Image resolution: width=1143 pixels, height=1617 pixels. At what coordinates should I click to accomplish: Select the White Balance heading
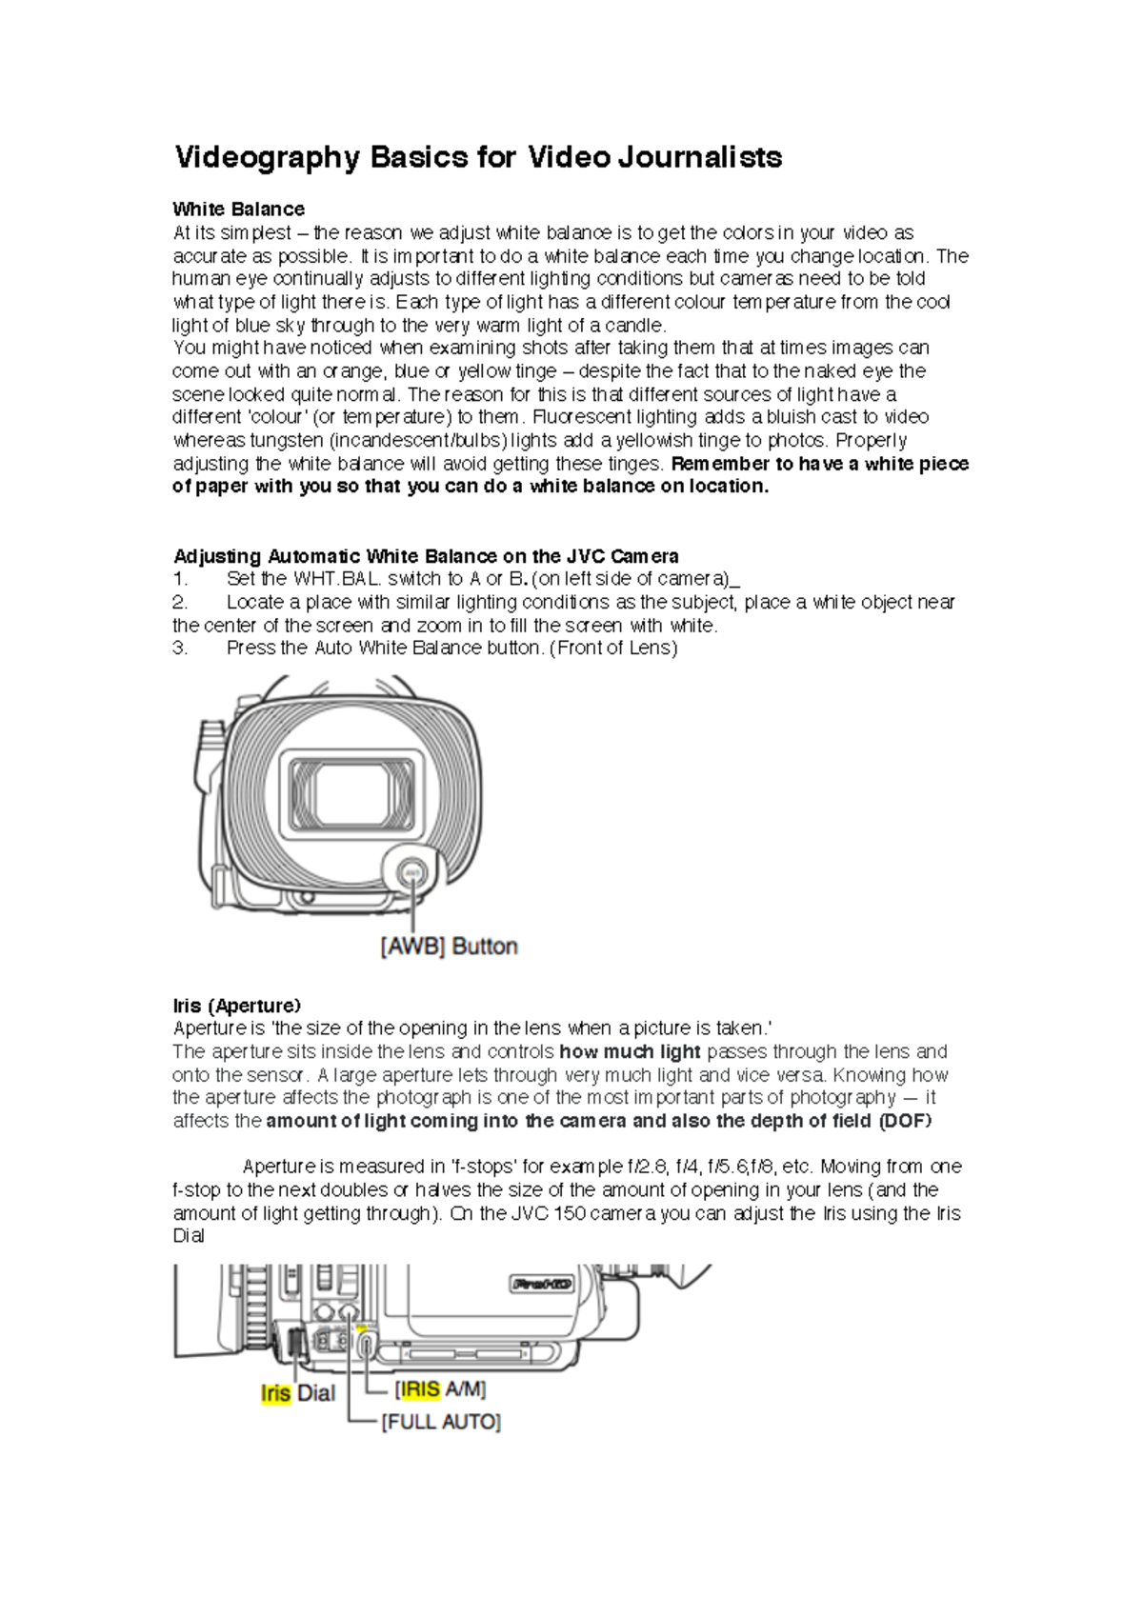click(238, 210)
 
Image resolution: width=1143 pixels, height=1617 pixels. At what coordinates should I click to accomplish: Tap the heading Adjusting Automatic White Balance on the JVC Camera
click(426, 556)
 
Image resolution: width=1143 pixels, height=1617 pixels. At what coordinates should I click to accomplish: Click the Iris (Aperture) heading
click(236, 1006)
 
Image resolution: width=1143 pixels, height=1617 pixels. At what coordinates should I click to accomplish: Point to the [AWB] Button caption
click(449, 947)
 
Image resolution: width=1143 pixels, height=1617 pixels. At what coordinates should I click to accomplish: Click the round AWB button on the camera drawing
click(412, 872)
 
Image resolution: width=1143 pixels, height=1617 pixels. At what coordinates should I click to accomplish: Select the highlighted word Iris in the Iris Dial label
click(275, 1393)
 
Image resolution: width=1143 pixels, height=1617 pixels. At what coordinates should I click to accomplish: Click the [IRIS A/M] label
click(440, 1389)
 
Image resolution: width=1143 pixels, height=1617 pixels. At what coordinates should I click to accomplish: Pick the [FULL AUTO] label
click(441, 1422)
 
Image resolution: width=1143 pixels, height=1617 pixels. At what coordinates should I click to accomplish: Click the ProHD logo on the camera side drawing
click(542, 1284)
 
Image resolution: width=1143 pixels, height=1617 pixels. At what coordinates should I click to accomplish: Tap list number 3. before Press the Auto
click(180, 649)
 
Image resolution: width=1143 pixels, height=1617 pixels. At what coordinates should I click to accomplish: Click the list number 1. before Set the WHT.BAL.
click(180, 579)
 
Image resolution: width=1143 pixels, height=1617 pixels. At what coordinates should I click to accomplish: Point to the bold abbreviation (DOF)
click(904, 1121)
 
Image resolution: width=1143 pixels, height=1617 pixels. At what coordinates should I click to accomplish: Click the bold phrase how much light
click(630, 1052)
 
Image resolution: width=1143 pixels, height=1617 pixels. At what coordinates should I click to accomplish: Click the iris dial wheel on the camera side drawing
click(294, 1344)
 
